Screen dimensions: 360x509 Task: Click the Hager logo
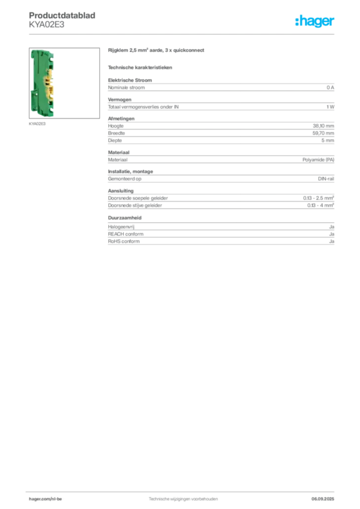314,21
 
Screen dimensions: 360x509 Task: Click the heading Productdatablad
62,15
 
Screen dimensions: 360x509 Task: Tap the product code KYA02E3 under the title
46,25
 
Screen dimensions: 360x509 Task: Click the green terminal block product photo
43,83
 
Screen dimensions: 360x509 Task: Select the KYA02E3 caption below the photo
37,124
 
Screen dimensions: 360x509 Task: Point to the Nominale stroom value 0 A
330,87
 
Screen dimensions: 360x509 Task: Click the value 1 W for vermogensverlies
330,107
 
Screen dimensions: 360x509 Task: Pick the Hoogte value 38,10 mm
323,126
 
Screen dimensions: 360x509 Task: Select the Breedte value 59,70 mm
323,133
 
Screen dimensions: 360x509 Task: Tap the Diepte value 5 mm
328,140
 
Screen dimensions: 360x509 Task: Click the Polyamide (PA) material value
318,160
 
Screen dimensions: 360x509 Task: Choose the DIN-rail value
326,178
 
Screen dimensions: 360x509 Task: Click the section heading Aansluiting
121,191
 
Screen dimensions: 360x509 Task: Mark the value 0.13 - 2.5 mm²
318,198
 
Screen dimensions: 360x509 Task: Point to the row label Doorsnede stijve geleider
135,205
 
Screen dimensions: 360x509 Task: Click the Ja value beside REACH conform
332,234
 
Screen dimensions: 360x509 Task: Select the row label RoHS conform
124,241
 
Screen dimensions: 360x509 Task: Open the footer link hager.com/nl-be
45,499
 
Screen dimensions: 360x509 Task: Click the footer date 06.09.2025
323,499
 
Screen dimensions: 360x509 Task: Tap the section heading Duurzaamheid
125,218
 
